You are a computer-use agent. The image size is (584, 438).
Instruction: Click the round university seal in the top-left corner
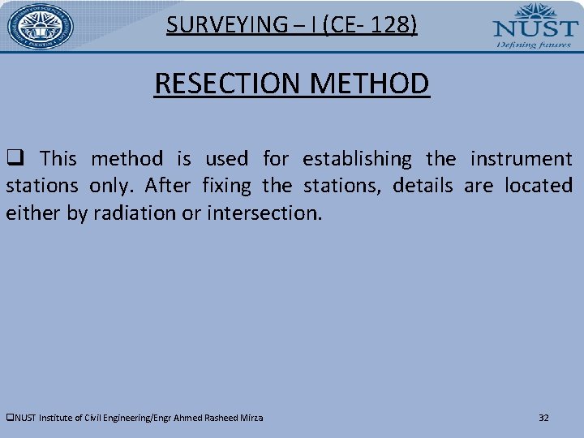pos(41,27)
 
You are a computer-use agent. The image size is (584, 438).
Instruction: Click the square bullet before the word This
pos(14,158)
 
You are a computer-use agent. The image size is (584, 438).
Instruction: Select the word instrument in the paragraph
pos(521,158)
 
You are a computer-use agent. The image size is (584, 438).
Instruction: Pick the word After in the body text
pos(168,186)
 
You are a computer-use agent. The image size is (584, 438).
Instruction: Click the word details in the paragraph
pos(423,186)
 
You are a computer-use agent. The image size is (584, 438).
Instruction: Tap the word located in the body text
pos(538,186)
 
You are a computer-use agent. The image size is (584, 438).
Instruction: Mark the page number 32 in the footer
pos(543,418)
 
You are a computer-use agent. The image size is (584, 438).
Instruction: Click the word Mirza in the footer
pos(251,418)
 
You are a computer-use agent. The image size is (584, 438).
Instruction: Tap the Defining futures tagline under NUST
pos(532,45)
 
